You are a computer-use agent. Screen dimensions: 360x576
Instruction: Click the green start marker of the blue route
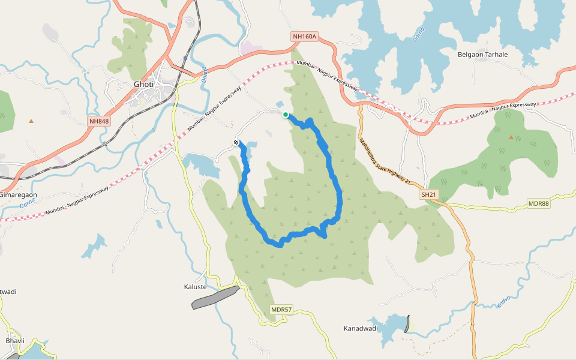click(x=286, y=115)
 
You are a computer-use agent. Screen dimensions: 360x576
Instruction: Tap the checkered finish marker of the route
click(x=237, y=142)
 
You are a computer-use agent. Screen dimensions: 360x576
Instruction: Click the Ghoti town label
click(x=143, y=84)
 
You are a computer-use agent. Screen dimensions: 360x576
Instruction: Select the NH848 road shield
click(x=99, y=121)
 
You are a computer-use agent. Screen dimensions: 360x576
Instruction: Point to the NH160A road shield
click(x=304, y=37)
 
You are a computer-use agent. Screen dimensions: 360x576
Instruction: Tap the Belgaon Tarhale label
click(x=482, y=55)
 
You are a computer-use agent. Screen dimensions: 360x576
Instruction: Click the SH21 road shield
click(x=428, y=195)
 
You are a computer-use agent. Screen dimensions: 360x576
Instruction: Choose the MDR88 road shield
click(x=538, y=204)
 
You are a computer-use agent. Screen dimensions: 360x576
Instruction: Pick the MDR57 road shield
click(x=281, y=310)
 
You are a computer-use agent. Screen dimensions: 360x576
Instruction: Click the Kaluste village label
click(x=195, y=287)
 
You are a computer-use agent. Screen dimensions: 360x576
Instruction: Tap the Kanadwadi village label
click(x=361, y=328)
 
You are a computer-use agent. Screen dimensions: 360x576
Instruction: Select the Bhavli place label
click(x=14, y=340)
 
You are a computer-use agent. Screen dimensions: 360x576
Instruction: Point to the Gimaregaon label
click(x=18, y=195)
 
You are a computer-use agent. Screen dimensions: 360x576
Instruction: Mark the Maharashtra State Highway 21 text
click(x=383, y=161)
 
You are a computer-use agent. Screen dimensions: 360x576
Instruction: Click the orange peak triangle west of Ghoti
click(x=31, y=121)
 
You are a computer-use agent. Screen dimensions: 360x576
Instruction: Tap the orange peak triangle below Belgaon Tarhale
click(x=511, y=137)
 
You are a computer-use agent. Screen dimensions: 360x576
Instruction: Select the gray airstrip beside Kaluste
click(x=215, y=297)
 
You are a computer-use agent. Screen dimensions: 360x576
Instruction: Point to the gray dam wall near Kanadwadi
click(x=408, y=324)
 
